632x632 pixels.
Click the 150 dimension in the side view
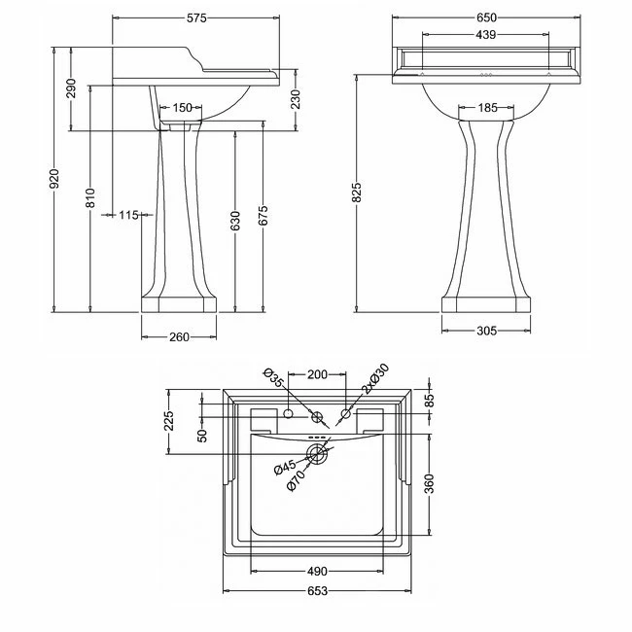[x=182, y=108]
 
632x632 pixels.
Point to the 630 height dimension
[x=234, y=223]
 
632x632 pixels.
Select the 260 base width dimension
[x=179, y=336]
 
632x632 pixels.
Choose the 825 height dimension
[x=358, y=193]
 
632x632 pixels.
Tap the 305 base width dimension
[x=486, y=332]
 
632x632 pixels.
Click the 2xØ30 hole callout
[x=372, y=381]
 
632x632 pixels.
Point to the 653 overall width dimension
[x=317, y=591]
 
